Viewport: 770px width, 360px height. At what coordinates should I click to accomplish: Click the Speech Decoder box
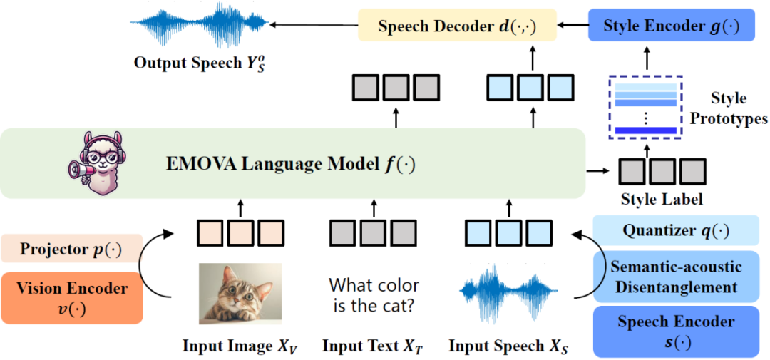pyautogui.click(x=457, y=26)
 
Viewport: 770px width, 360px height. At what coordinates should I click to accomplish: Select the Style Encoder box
pyautogui.click(x=671, y=25)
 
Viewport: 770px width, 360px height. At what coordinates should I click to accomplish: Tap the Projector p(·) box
pyautogui.click(x=72, y=249)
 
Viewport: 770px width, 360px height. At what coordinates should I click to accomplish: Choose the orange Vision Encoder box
pyautogui.click(x=72, y=298)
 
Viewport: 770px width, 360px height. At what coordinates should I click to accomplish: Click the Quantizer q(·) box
pyautogui.click(x=676, y=230)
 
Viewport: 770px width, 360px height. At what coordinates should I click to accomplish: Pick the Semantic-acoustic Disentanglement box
pyautogui.click(x=676, y=277)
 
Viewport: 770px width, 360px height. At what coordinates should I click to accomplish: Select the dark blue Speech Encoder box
pyautogui.click(x=676, y=331)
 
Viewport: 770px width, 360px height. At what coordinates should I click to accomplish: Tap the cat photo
pyautogui.click(x=240, y=294)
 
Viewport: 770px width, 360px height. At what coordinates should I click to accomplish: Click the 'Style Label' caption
pyautogui.click(x=662, y=200)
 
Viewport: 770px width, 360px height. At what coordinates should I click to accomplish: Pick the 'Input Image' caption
pyautogui.click(x=240, y=346)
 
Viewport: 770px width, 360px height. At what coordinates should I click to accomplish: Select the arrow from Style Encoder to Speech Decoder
pyautogui.click(x=573, y=25)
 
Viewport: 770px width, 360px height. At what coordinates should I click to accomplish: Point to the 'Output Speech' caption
pyautogui.click(x=200, y=65)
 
